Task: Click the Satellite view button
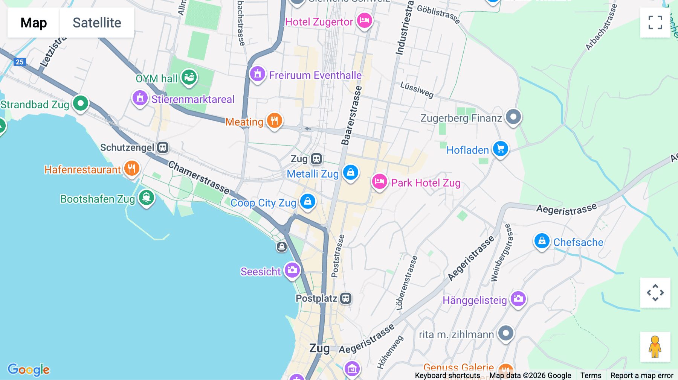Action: (x=97, y=23)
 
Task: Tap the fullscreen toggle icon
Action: (x=655, y=23)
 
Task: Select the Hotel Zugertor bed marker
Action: (x=364, y=20)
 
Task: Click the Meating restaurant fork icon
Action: (x=274, y=121)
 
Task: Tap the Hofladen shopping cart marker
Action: (x=500, y=149)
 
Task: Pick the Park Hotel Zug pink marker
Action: (x=379, y=182)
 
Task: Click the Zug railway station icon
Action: (x=316, y=159)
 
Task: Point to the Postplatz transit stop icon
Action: (x=346, y=298)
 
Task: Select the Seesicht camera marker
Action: (x=292, y=270)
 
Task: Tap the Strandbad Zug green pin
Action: (x=80, y=103)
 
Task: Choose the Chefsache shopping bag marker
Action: (x=542, y=241)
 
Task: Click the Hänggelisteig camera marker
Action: (x=518, y=299)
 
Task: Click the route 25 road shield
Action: (x=20, y=62)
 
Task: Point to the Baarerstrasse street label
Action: (x=351, y=115)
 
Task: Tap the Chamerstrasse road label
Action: (x=199, y=177)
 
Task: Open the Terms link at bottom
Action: (x=591, y=375)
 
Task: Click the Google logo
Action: (x=29, y=369)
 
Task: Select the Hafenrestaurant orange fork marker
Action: (x=131, y=169)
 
